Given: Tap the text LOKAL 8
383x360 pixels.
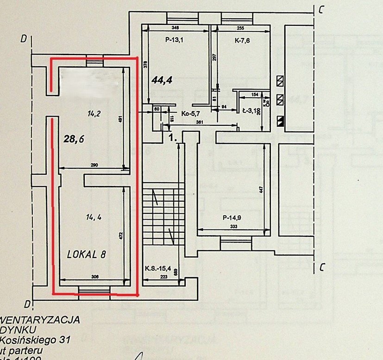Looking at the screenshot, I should tap(87, 254).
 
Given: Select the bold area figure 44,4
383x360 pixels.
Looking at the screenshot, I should tap(162, 80).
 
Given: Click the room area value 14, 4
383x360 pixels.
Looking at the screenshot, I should tap(94, 216).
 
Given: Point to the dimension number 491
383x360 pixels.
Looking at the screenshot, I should tap(120, 118).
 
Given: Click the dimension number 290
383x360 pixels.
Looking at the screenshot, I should tap(95, 165).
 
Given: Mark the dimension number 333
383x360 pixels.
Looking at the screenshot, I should tap(234, 226).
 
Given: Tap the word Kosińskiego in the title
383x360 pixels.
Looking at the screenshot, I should tap(26, 340).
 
